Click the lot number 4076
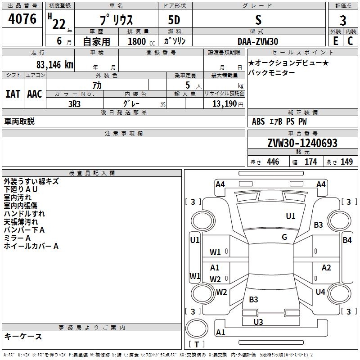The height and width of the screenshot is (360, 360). pos(22,20)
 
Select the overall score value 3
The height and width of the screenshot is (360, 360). pos(343,21)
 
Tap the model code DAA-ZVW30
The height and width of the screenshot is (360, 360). pos(258,41)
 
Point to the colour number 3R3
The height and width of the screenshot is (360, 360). pos(74,103)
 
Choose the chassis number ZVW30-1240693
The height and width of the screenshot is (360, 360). pos(302,143)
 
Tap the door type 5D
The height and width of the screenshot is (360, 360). pos(174,21)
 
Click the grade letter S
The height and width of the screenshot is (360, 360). pos(258,21)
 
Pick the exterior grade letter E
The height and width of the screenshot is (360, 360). pos(335,41)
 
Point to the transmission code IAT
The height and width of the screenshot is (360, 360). pos(13,94)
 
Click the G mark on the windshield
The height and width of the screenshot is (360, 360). pos(284,237)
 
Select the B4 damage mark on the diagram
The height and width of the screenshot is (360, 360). pos(347,240)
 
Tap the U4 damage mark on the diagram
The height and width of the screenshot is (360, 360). pos(320,292)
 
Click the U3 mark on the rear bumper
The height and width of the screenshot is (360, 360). pos(258,322)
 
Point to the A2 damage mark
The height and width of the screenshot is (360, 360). pos(326,268)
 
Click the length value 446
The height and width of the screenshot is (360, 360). pos(273,162)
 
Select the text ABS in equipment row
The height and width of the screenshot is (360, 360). pos(258,121)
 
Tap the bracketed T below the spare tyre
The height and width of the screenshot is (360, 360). pos(196,345)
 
